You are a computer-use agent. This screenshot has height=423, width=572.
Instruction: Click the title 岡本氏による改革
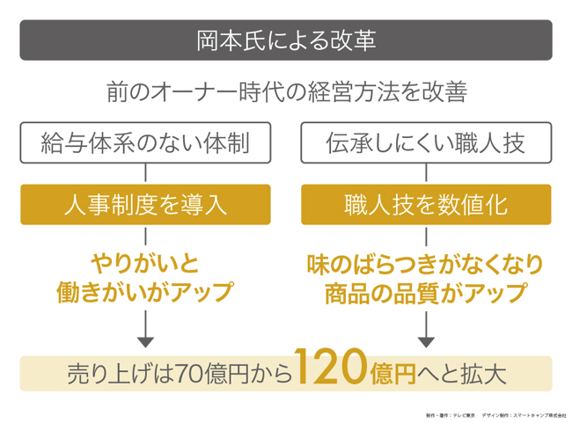tap(286, 40)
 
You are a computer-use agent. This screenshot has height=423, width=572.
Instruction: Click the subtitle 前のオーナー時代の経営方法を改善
tap(286, 91)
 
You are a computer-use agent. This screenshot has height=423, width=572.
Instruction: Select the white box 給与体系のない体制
tap(145, 142)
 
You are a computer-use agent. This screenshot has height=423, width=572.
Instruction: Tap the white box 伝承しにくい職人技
tap(426, 142)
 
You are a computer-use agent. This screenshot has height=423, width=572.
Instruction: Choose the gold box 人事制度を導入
tap(145, 204)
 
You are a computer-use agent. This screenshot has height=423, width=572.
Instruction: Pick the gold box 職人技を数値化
tap(426, 204)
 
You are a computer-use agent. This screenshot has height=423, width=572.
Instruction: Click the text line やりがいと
tap(145, 263)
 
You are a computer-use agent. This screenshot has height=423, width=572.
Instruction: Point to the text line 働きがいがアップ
tap(145, 291)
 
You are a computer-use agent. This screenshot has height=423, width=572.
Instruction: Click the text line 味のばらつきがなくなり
tap(426, 263)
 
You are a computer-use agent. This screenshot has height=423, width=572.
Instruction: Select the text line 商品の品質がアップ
tap(426, 291)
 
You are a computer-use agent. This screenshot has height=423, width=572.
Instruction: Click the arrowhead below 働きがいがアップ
tap(145, 341)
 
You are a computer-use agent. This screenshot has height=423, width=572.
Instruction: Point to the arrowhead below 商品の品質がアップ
tap(426, 341)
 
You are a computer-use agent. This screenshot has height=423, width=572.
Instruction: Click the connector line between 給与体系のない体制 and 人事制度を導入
tap(145, 173)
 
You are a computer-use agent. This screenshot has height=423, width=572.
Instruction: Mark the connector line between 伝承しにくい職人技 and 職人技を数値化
tap(426, 173)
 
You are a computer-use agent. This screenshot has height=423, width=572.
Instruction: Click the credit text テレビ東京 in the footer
tap(465, 414)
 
